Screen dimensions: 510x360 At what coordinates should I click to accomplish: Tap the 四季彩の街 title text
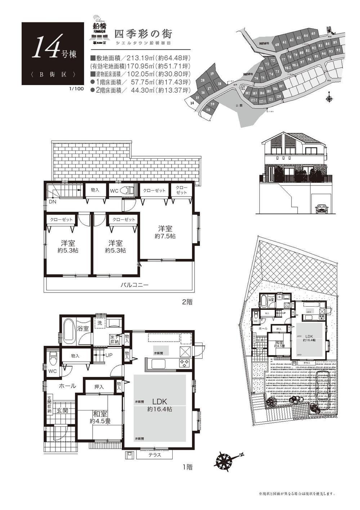click(143, 34)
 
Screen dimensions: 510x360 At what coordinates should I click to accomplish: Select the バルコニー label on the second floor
click(134, 285)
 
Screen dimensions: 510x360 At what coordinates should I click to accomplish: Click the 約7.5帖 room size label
click(165, 236)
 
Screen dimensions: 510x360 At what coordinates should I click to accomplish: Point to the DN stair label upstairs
click(52, 202)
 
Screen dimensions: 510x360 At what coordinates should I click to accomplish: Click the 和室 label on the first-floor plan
click(99, 414)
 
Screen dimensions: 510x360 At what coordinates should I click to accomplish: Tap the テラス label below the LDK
click(155, 455)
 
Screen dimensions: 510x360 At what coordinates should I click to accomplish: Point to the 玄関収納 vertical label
click(49, 405)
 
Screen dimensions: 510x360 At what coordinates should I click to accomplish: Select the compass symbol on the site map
click(329, 98)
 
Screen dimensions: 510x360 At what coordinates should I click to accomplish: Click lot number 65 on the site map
click(314, 34)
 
